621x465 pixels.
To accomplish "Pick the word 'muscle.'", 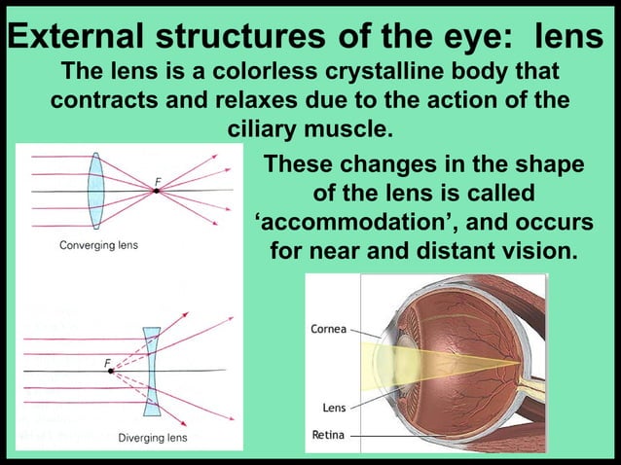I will tap(354, 128).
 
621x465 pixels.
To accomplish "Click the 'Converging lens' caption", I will tap(98, 245).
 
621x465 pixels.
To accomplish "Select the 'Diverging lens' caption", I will tap(153, 438).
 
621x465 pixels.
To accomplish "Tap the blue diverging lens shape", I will tap(151, 371).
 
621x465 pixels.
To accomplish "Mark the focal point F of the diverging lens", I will tap(111, 371).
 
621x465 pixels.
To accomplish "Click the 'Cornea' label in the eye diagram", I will tap(329, 329).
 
